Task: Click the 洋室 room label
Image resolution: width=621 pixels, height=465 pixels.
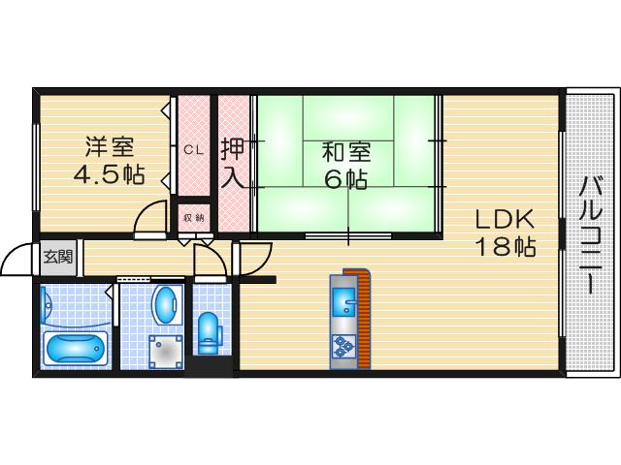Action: click(x=110, y=147)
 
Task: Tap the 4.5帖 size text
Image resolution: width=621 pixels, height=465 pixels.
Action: click(x=110, y=175)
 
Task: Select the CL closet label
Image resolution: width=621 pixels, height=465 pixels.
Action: click(x=193, y=149)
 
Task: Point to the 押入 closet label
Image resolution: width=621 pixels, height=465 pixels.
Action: click(x=233, y=164)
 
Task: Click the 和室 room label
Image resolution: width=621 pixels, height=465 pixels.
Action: click(x=346, y=152)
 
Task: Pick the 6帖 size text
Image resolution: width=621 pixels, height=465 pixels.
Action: click(x=346, y=179)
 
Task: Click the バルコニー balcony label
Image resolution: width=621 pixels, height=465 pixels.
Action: click(x=591, y=232)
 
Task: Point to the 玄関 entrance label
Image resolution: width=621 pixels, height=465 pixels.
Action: click(x=57, y=257)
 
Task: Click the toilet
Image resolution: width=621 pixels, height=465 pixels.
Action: click(x=210, y=333)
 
